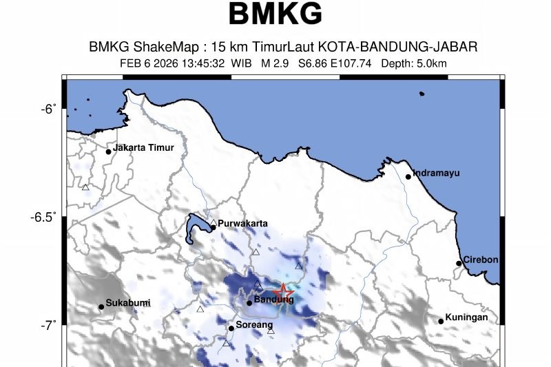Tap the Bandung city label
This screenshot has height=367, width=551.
point(273,300)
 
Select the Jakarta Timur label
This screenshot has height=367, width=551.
point(143,147)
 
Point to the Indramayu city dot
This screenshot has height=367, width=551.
point(408,177)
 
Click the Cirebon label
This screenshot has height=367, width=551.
point(480,260)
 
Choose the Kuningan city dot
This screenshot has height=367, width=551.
point(441,322)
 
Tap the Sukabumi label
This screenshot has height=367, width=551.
point(128,303)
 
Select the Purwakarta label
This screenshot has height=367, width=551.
point(242,223)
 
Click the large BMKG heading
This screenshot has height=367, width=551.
point(275,14)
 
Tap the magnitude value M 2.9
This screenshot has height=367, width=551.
point(275,64)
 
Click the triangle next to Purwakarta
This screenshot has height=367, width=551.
point(214,223)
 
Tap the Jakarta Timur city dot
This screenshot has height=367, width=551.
point(109,152)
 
